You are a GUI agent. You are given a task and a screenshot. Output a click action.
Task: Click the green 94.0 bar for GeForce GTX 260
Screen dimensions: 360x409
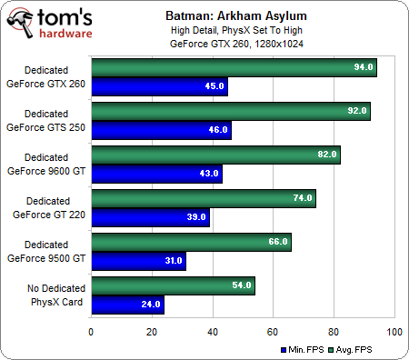click(234, 68)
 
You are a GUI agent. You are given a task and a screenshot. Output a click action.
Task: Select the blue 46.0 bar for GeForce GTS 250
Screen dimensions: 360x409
click(161, 130)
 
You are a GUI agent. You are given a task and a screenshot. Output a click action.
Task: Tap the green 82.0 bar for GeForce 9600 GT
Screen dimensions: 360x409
click(215, 155)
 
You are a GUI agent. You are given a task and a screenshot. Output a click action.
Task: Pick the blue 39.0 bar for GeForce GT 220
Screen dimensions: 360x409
click(150, 217)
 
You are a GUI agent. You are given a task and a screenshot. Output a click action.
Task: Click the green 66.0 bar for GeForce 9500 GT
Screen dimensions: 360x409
click(191, 242)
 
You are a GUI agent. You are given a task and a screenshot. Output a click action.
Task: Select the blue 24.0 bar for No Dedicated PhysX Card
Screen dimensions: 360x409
click(127, 305)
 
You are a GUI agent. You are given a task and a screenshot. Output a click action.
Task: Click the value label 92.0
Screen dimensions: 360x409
click(356, 112)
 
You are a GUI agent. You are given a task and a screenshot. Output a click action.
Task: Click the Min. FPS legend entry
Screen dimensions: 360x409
click(308, 348)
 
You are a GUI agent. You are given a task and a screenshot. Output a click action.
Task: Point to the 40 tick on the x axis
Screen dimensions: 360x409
click(213, 332)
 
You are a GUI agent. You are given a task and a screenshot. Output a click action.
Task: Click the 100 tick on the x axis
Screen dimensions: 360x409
click(394, 332)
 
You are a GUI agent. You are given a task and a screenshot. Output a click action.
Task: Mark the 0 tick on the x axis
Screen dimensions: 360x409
click(91, 332)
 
